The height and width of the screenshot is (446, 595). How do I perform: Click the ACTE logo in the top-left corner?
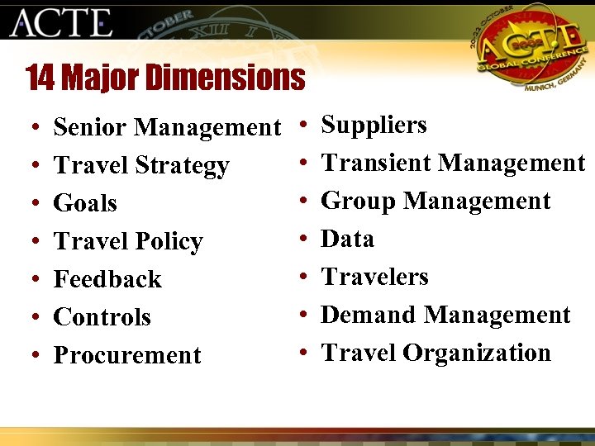60,22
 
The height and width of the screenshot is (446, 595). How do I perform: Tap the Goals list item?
85,203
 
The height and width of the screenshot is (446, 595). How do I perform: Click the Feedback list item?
107,279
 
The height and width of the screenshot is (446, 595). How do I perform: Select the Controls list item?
102,317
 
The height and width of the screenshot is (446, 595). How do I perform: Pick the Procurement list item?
127,355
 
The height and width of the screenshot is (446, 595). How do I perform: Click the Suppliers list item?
374,126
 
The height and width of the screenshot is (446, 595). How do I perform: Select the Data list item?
347,239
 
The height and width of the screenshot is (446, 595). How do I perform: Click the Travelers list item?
374,277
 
